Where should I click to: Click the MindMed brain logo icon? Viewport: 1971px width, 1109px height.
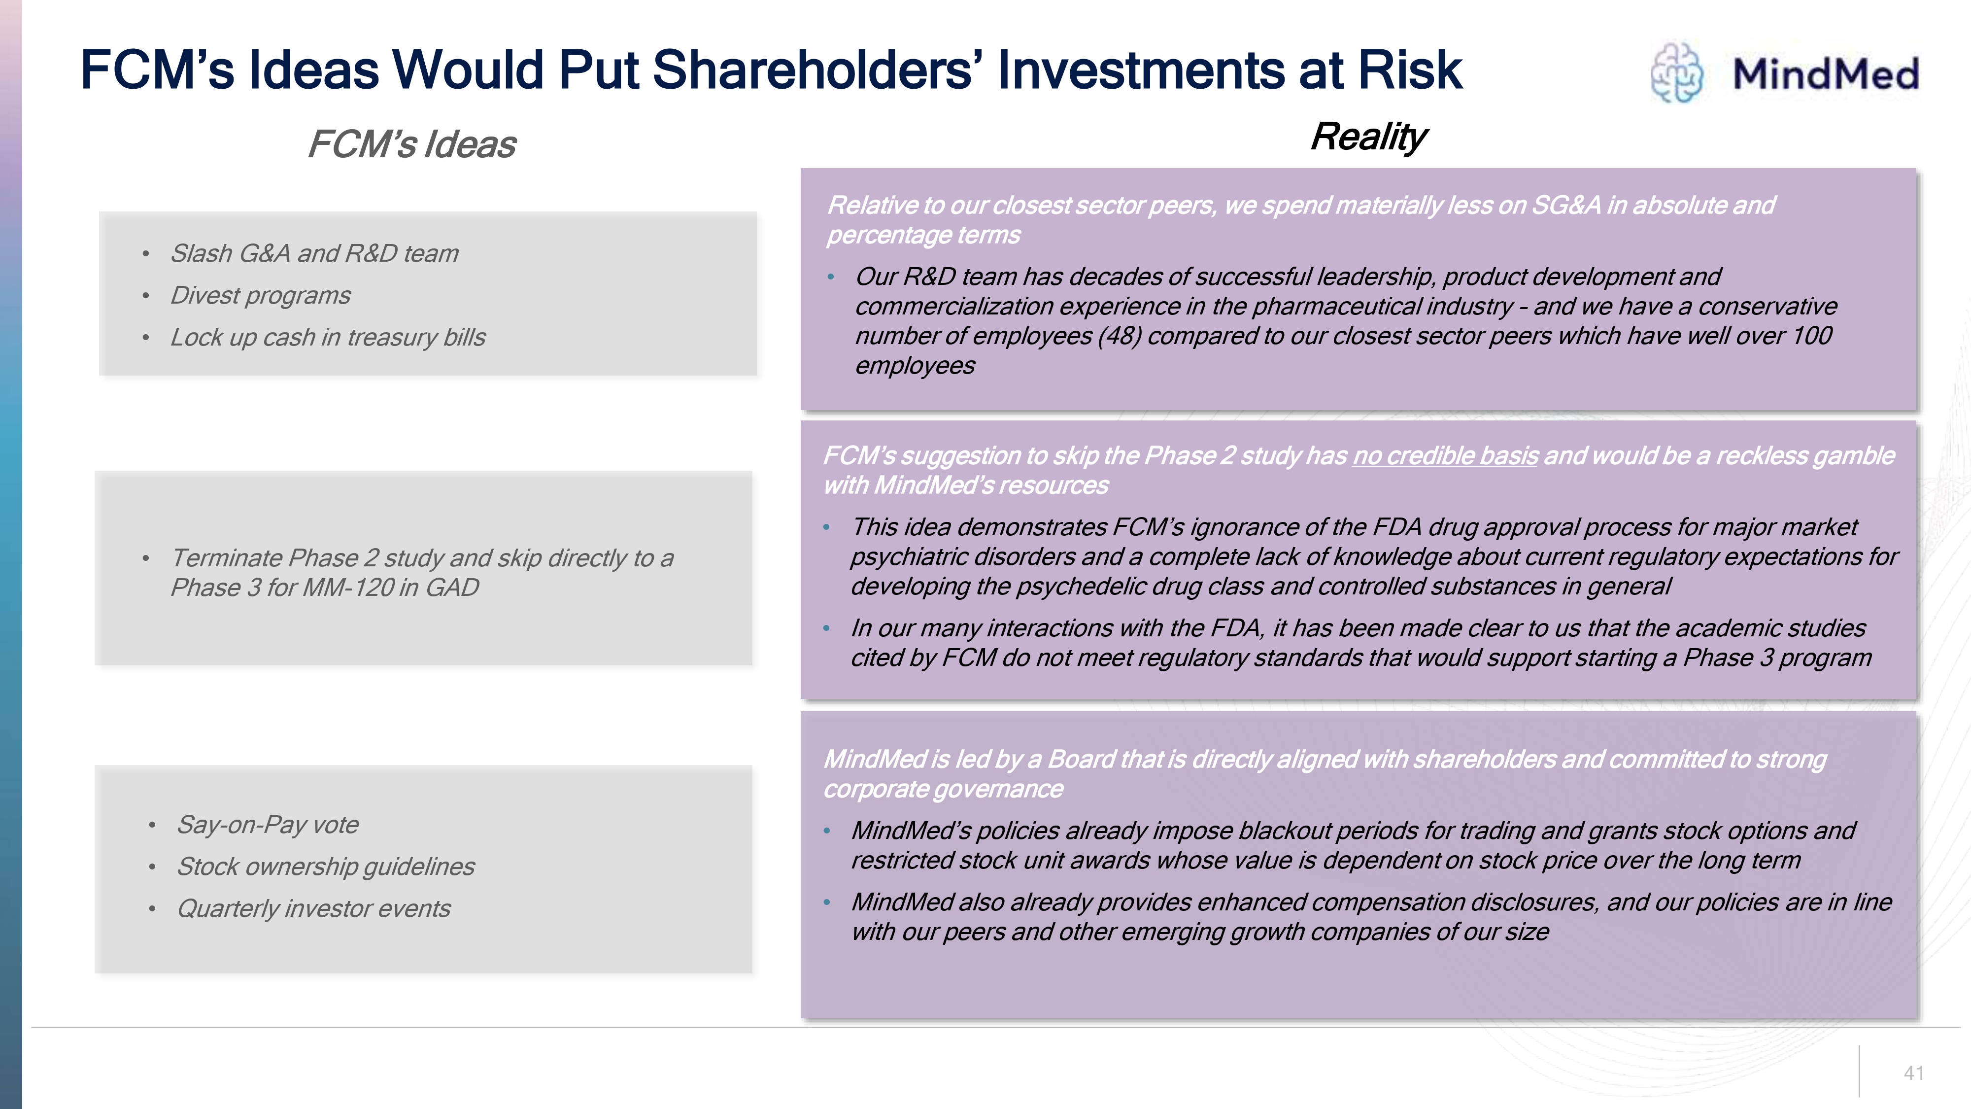[1676, 73]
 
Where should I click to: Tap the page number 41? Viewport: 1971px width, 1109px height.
[1914, 1073]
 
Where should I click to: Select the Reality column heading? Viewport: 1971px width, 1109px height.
[1368, 137]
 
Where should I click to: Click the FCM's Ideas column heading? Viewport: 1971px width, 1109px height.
[411, 144]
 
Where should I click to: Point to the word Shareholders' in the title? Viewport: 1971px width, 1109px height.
[818, 69]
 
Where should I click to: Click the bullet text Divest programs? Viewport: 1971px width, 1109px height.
[260, 295]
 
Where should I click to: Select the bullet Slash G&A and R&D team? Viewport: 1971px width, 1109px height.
[314, 253]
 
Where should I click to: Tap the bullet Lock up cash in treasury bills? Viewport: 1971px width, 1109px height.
[328, 338]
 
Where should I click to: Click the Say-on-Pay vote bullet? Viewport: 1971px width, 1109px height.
[268, 825]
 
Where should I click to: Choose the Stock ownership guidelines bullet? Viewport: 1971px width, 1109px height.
[326, 866]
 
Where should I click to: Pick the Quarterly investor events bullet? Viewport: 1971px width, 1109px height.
[314, 908]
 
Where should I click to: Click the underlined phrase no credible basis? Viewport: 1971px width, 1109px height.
[1445, 456]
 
